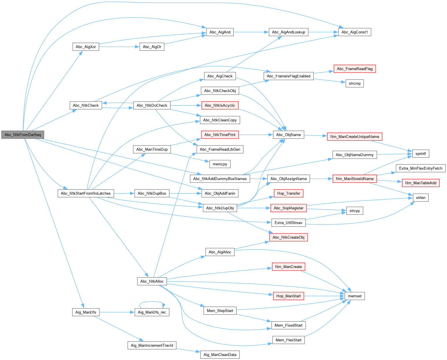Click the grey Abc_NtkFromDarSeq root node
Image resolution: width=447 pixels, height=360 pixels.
[x=23, y=135]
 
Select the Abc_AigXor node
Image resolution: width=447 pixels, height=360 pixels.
[x=86, y=47]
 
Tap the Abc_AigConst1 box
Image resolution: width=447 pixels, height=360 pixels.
[x=355, y=32]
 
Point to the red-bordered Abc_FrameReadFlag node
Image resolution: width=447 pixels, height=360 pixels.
[x=355, y=69]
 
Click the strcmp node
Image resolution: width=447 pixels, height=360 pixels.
[x=355, y=84]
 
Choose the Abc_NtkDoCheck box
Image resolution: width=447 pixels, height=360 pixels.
[x=152, y=105]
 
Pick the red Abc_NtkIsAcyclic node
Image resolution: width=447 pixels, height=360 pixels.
[x=220, y=105]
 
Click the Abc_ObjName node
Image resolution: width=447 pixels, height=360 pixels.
[x=289, y=135]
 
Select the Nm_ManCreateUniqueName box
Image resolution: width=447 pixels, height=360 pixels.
[x=355, y=137]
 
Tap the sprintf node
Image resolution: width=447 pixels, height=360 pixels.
[x=421, y=154]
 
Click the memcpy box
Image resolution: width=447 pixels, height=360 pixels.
[x=220, y=164]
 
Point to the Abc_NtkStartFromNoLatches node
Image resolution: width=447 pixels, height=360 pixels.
[x=86, y=193]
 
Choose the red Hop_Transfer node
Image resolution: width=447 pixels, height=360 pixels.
[x=289, y=193]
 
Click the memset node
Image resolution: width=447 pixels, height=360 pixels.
[x=355, y=296]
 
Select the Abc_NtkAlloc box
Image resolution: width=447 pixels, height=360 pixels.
[x=152, y=281]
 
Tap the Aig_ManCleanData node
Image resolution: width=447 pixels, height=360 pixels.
[x=220, y=355]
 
